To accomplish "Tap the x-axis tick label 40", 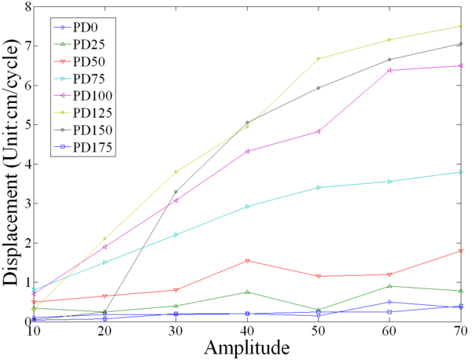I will click(247, 332).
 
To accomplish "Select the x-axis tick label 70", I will click(461, 332).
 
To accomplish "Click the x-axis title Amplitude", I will click(247, 347).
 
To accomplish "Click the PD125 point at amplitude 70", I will click(461, 26).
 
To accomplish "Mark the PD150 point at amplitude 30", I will click(175, 192).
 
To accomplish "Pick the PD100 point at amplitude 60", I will click(389, 70).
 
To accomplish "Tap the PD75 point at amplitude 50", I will click(318, 187).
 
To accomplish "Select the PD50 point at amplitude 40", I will click(247, 260).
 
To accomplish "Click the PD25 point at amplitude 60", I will click(389, 286).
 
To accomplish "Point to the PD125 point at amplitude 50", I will click(318, 58).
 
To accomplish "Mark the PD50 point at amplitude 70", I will click(461, 251).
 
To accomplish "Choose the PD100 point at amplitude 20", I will click(105, 247).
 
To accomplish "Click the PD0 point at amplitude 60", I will click(389, 302).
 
